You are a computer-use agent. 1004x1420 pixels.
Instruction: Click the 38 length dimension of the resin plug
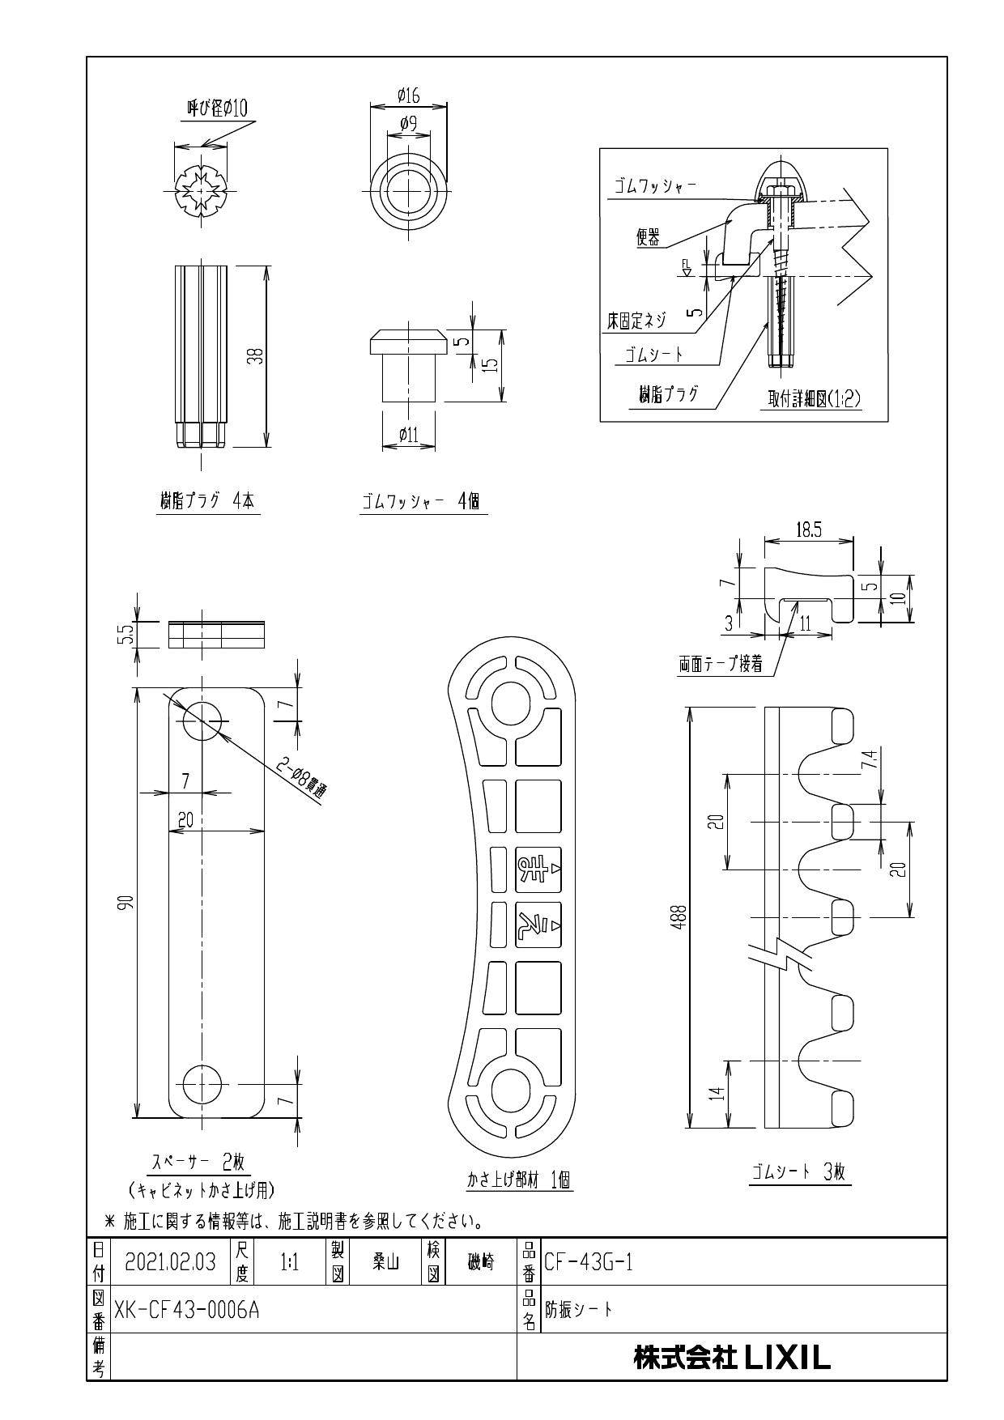(256, 355)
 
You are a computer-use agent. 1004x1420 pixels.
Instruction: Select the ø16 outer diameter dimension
(409, 96)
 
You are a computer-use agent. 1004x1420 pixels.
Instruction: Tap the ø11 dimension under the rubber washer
(409, 436)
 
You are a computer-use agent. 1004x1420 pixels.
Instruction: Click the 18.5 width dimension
(808, 530)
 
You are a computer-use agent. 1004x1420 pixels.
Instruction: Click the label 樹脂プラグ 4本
(206, 501)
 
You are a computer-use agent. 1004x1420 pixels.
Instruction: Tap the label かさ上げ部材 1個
(518, 1181)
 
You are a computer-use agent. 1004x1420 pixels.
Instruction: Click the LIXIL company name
(732, 1358)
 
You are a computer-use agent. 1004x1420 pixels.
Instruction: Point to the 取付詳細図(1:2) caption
(814, 399)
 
